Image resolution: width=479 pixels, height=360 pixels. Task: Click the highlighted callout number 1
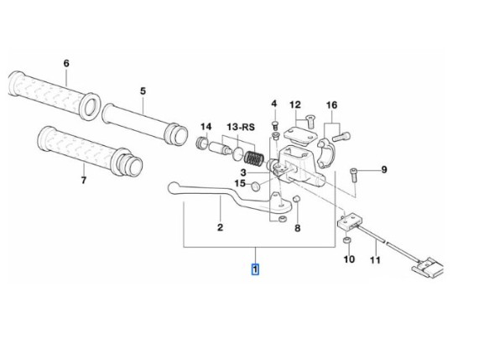point(255,269)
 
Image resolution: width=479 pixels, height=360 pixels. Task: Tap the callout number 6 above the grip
point(66,63)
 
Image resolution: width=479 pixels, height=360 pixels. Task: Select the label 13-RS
point(241,127)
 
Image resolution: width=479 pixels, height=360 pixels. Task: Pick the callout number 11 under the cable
point(375,260)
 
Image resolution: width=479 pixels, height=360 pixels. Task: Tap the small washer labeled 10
point(346,241)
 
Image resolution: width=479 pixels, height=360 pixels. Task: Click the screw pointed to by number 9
point(354,175)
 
